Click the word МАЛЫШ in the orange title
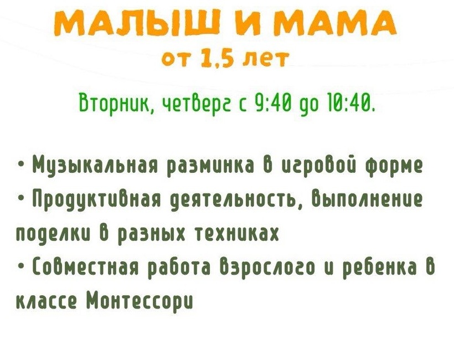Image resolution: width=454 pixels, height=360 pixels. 135,23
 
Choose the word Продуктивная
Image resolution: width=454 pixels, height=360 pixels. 96,200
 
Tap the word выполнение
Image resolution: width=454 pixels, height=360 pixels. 367,200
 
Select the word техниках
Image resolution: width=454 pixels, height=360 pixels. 238,233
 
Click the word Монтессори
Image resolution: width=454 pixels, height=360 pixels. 140,302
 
